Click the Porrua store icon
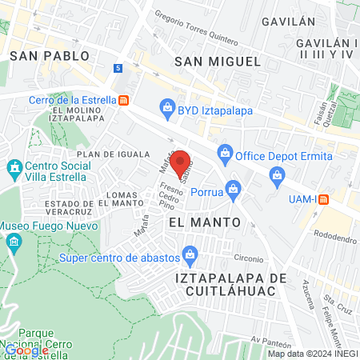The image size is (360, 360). point(233,188)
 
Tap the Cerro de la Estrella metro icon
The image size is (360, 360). point(123,100)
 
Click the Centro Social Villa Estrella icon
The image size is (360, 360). point(14,169)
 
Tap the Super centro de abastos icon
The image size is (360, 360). point(190,257)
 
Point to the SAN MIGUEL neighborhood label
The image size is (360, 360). point(218,61)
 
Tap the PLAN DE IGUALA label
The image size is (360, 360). point(113,154)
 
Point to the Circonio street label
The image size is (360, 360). point(249,258)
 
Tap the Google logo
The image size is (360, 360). point(26,350)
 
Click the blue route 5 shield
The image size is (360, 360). point(118,69)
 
